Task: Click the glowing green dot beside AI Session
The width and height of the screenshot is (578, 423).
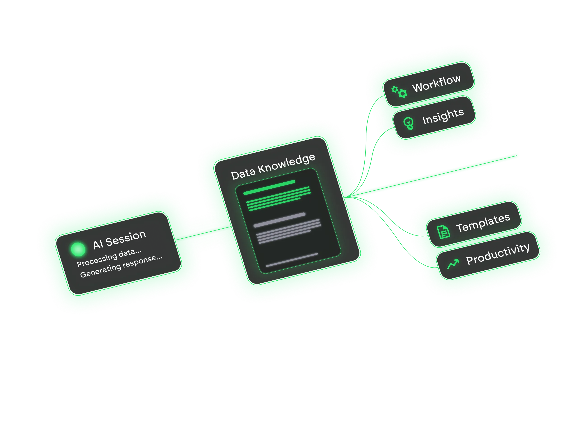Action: click(x=78, y=249)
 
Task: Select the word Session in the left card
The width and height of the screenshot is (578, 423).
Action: click(x=126, y=238)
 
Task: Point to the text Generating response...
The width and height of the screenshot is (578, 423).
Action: click(x=121, y=267)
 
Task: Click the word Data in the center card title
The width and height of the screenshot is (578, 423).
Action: click(x=243, y=174)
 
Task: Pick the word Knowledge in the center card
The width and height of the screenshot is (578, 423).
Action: click(x=286, y=164)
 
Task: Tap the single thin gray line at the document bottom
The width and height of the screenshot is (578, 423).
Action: click(x=292, y=260)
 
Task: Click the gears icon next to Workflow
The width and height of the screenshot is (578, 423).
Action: click(x=399, y=92)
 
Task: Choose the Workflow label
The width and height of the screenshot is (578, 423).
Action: click(x=436, y=83)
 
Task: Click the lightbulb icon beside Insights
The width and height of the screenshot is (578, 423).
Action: click(x=408, y=123)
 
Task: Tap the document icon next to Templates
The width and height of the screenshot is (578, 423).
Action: click(x=443, y=232)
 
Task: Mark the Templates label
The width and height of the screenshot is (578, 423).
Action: click(x=483, y=223)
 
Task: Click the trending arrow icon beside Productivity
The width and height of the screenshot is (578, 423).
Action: click(x=453, y=264)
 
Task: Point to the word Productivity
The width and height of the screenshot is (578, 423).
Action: click(x=498, y=254)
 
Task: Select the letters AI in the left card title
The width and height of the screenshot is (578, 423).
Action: click(x=98, y=244)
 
